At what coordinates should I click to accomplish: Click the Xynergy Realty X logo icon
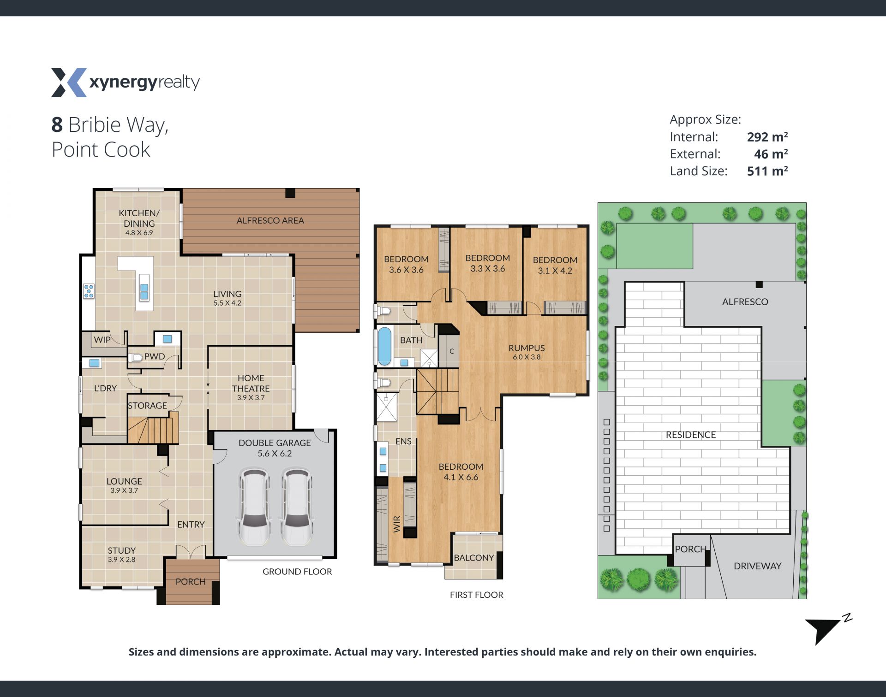pyautogui.click(x=69, y=83)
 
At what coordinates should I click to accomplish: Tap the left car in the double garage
pyautogui.click(x=254, y=507)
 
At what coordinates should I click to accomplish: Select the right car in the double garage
pyautogui.click(x=297, y=507)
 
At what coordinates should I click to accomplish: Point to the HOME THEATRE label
pyautogui.click(x=251, y=383)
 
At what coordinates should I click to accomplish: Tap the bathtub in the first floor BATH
pyautogui.click(x=384, y=346)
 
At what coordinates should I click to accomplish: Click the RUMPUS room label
pyautogui.click(x=527, y=348)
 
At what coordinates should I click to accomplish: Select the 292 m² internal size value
pyautogui.click(x=767, y=137)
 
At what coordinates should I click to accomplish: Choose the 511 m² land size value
pyautogui.click(x=767, y=171)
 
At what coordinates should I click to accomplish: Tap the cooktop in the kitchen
pyautogui.click(x=89, y=291)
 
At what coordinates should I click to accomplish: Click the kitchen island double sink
pyautogui.click(x=144, y=287)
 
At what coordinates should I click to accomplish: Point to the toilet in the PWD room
pyautogui.click(x=135, y=357)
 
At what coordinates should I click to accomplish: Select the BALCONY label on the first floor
pyautogui.click(x=474, y=558)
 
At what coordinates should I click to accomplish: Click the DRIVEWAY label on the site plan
pyautogui.click(x=757, y=566)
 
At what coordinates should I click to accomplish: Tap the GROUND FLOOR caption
pyautogui.click(x=297, y=572)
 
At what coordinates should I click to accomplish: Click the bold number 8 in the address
pyautogui.click(x=57, y=124)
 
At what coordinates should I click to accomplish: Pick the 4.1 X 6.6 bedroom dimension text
pyautogui.click(x=461, y=477)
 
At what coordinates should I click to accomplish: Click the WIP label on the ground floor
pyautogui.click(x=102, y=340)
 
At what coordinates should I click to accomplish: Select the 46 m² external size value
pyautogui.click(x=771, y=154)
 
